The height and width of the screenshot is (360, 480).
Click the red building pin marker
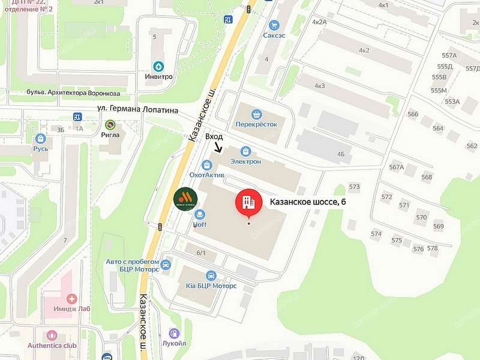pos(248,202)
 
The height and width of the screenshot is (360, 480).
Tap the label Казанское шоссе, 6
pos(307,202)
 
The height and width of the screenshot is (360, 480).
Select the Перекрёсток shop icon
pos(257,114)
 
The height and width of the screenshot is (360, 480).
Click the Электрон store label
pos(245,161)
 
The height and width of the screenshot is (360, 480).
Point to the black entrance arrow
pos(217,147)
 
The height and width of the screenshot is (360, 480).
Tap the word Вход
pos(214,137)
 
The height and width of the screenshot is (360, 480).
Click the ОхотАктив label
pos(207,175)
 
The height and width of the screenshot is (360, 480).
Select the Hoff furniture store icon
pos(200,214)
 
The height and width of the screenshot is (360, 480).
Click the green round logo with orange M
pos(184,199)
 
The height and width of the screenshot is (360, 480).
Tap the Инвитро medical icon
pos(158,66)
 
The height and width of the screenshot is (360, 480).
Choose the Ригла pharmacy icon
pos(110,125)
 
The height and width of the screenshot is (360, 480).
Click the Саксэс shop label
pos(274,35)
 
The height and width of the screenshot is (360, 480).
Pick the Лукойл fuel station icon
pos(174,333)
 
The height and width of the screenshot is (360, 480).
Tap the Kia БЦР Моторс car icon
pos(211,275)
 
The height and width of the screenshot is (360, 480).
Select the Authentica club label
pos(52,346)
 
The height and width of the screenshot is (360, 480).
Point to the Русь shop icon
pos(41,139)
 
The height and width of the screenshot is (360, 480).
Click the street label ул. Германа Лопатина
pos(139,109)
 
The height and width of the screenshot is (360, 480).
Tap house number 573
pos(354,187)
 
